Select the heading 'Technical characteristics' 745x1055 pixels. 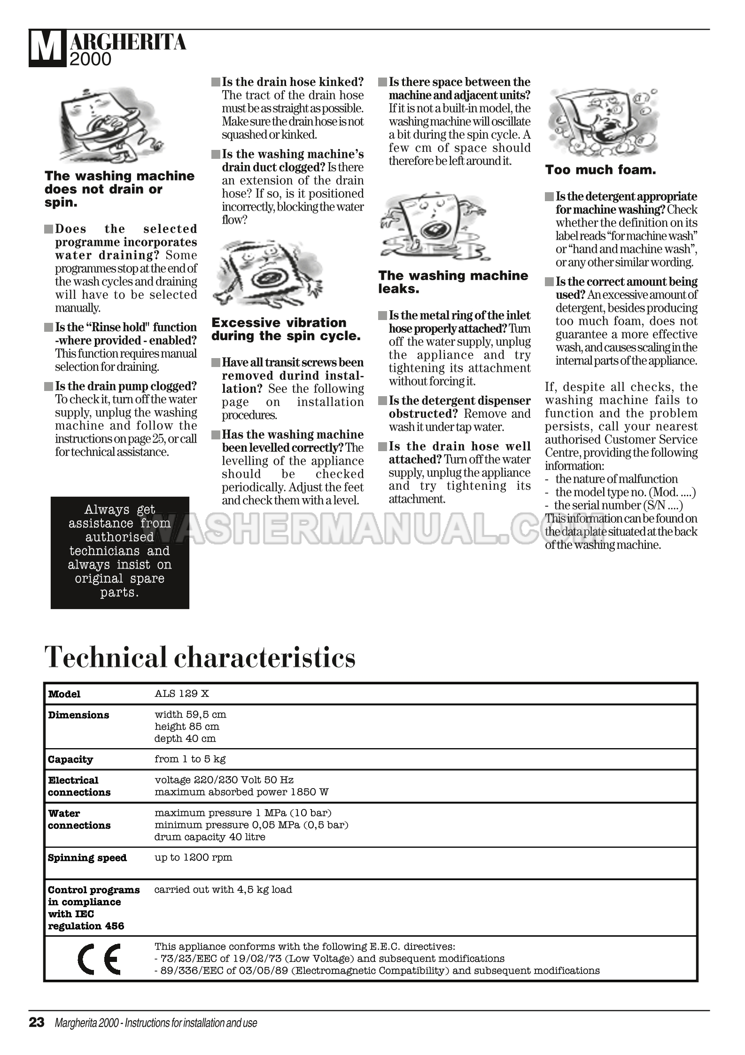[200, 657]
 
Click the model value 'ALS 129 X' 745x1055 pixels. [182, 694]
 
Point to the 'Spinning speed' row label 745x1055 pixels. [87, 858]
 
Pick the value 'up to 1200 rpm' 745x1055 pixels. [194, 857]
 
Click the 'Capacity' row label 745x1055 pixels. [70, 759]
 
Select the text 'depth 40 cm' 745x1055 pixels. [185, 738]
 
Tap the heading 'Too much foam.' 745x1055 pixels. [600, 170]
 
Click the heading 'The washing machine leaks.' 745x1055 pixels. [453, 282]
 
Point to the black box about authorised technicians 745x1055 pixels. [120, 552]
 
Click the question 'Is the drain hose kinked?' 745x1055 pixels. [293, 82]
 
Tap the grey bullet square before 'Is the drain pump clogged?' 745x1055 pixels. [48, 387]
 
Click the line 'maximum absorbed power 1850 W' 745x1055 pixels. [241, 792]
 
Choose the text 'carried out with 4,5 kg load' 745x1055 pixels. [223, 890]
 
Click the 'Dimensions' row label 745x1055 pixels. [78, 715]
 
